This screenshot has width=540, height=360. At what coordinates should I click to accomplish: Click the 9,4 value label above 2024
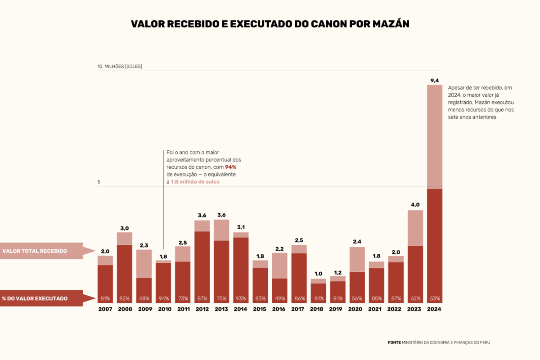coord(434,81)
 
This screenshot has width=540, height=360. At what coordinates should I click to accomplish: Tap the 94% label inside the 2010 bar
coord(163,298)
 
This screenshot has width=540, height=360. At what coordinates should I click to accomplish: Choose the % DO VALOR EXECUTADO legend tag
coord(40,298)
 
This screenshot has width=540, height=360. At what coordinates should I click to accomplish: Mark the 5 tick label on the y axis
coord(99,182)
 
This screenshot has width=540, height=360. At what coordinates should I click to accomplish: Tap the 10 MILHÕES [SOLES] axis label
coord(120,67)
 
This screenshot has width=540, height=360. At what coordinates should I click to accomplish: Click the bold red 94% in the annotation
coord(230,167)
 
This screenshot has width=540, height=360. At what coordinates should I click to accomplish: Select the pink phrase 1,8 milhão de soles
coord(195,182)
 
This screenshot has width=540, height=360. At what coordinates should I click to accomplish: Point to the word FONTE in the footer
coord(394,342)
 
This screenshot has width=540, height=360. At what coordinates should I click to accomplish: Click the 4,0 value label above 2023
coord(415,205)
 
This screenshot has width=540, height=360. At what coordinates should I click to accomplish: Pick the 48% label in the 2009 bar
coord(144,298)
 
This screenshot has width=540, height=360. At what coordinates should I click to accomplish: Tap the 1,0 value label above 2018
coord(318,274)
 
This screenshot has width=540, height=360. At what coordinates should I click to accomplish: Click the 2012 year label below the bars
coord(202,310)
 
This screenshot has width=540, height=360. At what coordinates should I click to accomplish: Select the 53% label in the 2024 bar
coord(434,298)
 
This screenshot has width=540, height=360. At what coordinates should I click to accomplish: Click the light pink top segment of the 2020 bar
coord(357,259)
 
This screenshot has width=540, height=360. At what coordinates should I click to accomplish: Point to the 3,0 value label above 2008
coord(125,228)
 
